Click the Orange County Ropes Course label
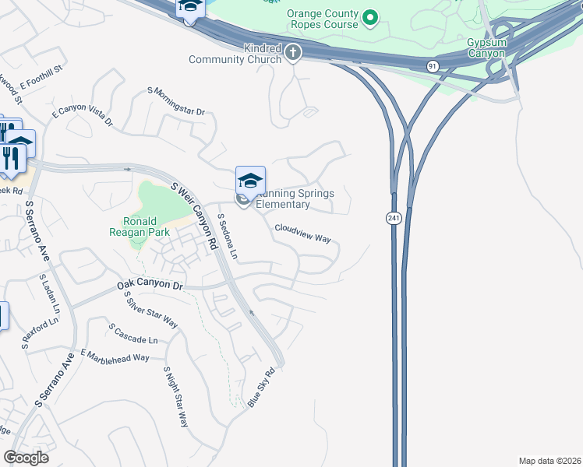point(322,19)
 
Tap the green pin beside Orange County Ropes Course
point(371,16)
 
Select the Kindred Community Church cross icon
point(293,53)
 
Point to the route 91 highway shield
point(433,67)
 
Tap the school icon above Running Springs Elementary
point(251,181)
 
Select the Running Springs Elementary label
point(291,199)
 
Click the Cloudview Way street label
point(302,233)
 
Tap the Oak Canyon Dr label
point(150,285)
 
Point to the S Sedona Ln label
point(227,236)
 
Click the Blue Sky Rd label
point(263,388)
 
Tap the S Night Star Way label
point(176,397)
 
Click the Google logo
point(26,457)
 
